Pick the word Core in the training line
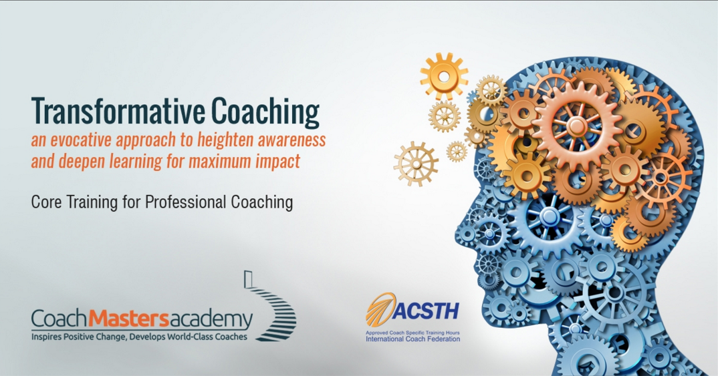pyautogui.click(x=45, y=202)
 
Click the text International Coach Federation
pyautogui.click(x=412, y=339)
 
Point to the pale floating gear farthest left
pyautogui.click(x=415, y=164)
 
